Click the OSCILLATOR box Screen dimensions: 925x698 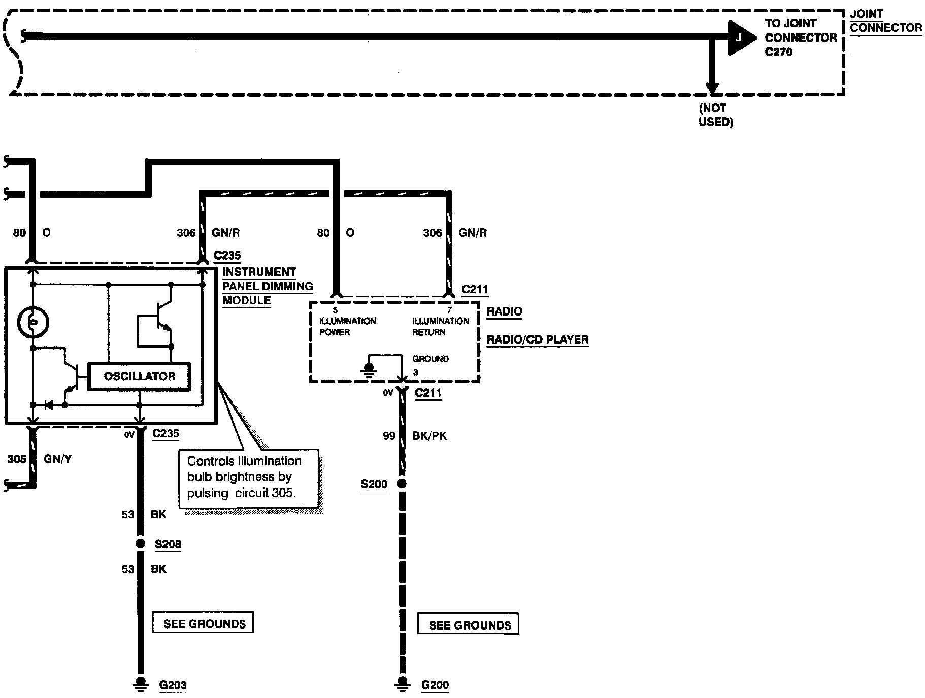pyautogui.click(x=140, y=376)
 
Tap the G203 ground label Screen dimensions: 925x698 pyautogui.click(x=173, y=685)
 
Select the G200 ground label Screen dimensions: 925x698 pyautogui.click(x=435, y=685)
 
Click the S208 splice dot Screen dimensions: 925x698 pyautogui.click(x=141, y=544)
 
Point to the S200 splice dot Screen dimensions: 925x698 pyautogui.click(x=402, y=484)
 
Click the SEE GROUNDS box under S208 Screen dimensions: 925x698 pyautogui.click(x=203, y=623)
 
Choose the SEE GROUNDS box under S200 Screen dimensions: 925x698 pyautogui.click(x=468, y=624)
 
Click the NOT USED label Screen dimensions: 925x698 pyautogui.click(x=716, y=115)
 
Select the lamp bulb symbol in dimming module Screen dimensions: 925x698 pyautogui.click(x=34, y=322)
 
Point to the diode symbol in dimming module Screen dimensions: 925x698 pyautogui.click(x=49, y=405)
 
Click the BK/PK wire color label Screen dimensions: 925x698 pyautogui.click(x=430, y=436)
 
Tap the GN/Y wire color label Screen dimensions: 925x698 pyautogui.click(x=58, y=459)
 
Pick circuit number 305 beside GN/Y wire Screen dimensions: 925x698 pyautogui.click(x=16, y=459)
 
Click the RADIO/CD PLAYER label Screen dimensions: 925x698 pyautogui.click(x=538, y=339)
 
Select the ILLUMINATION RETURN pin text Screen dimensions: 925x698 pyautogui.click(x=441, y=326)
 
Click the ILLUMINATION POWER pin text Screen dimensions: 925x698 pyautogui.click(x=348, y=326)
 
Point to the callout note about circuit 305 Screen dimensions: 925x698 pyautogui.click(x=249, y=477)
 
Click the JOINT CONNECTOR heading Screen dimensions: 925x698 pyautogui.click(x=886, y=21)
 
